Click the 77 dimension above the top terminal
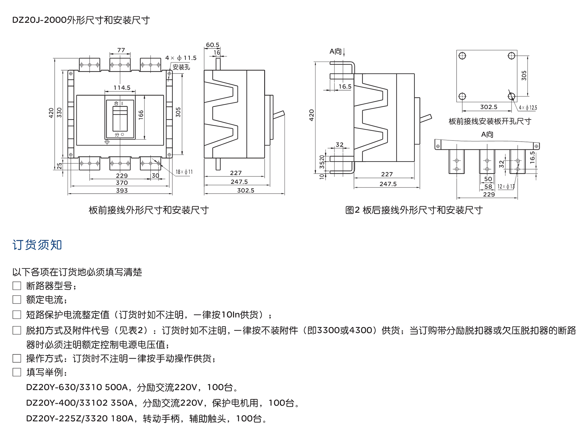[121, 50]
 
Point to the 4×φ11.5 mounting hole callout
[181, 58]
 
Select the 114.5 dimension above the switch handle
[122, 88]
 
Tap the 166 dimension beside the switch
[141, 114]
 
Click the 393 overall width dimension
[122, 190]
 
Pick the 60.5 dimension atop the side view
[212, 45]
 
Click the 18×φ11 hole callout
[184, 172]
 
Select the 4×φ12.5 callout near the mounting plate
[528, 108]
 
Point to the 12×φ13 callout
[506, 187]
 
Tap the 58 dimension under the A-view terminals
[488, 187]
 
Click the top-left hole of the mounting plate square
[462, 56]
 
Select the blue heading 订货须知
[37, 245]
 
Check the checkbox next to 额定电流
[17, 299]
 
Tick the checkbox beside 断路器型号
[17, 286]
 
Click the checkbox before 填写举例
[17, 372]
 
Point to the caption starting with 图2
[414, 210]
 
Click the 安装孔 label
[181, 67]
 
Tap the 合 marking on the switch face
[116, 103]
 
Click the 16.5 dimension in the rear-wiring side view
[345, 87]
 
